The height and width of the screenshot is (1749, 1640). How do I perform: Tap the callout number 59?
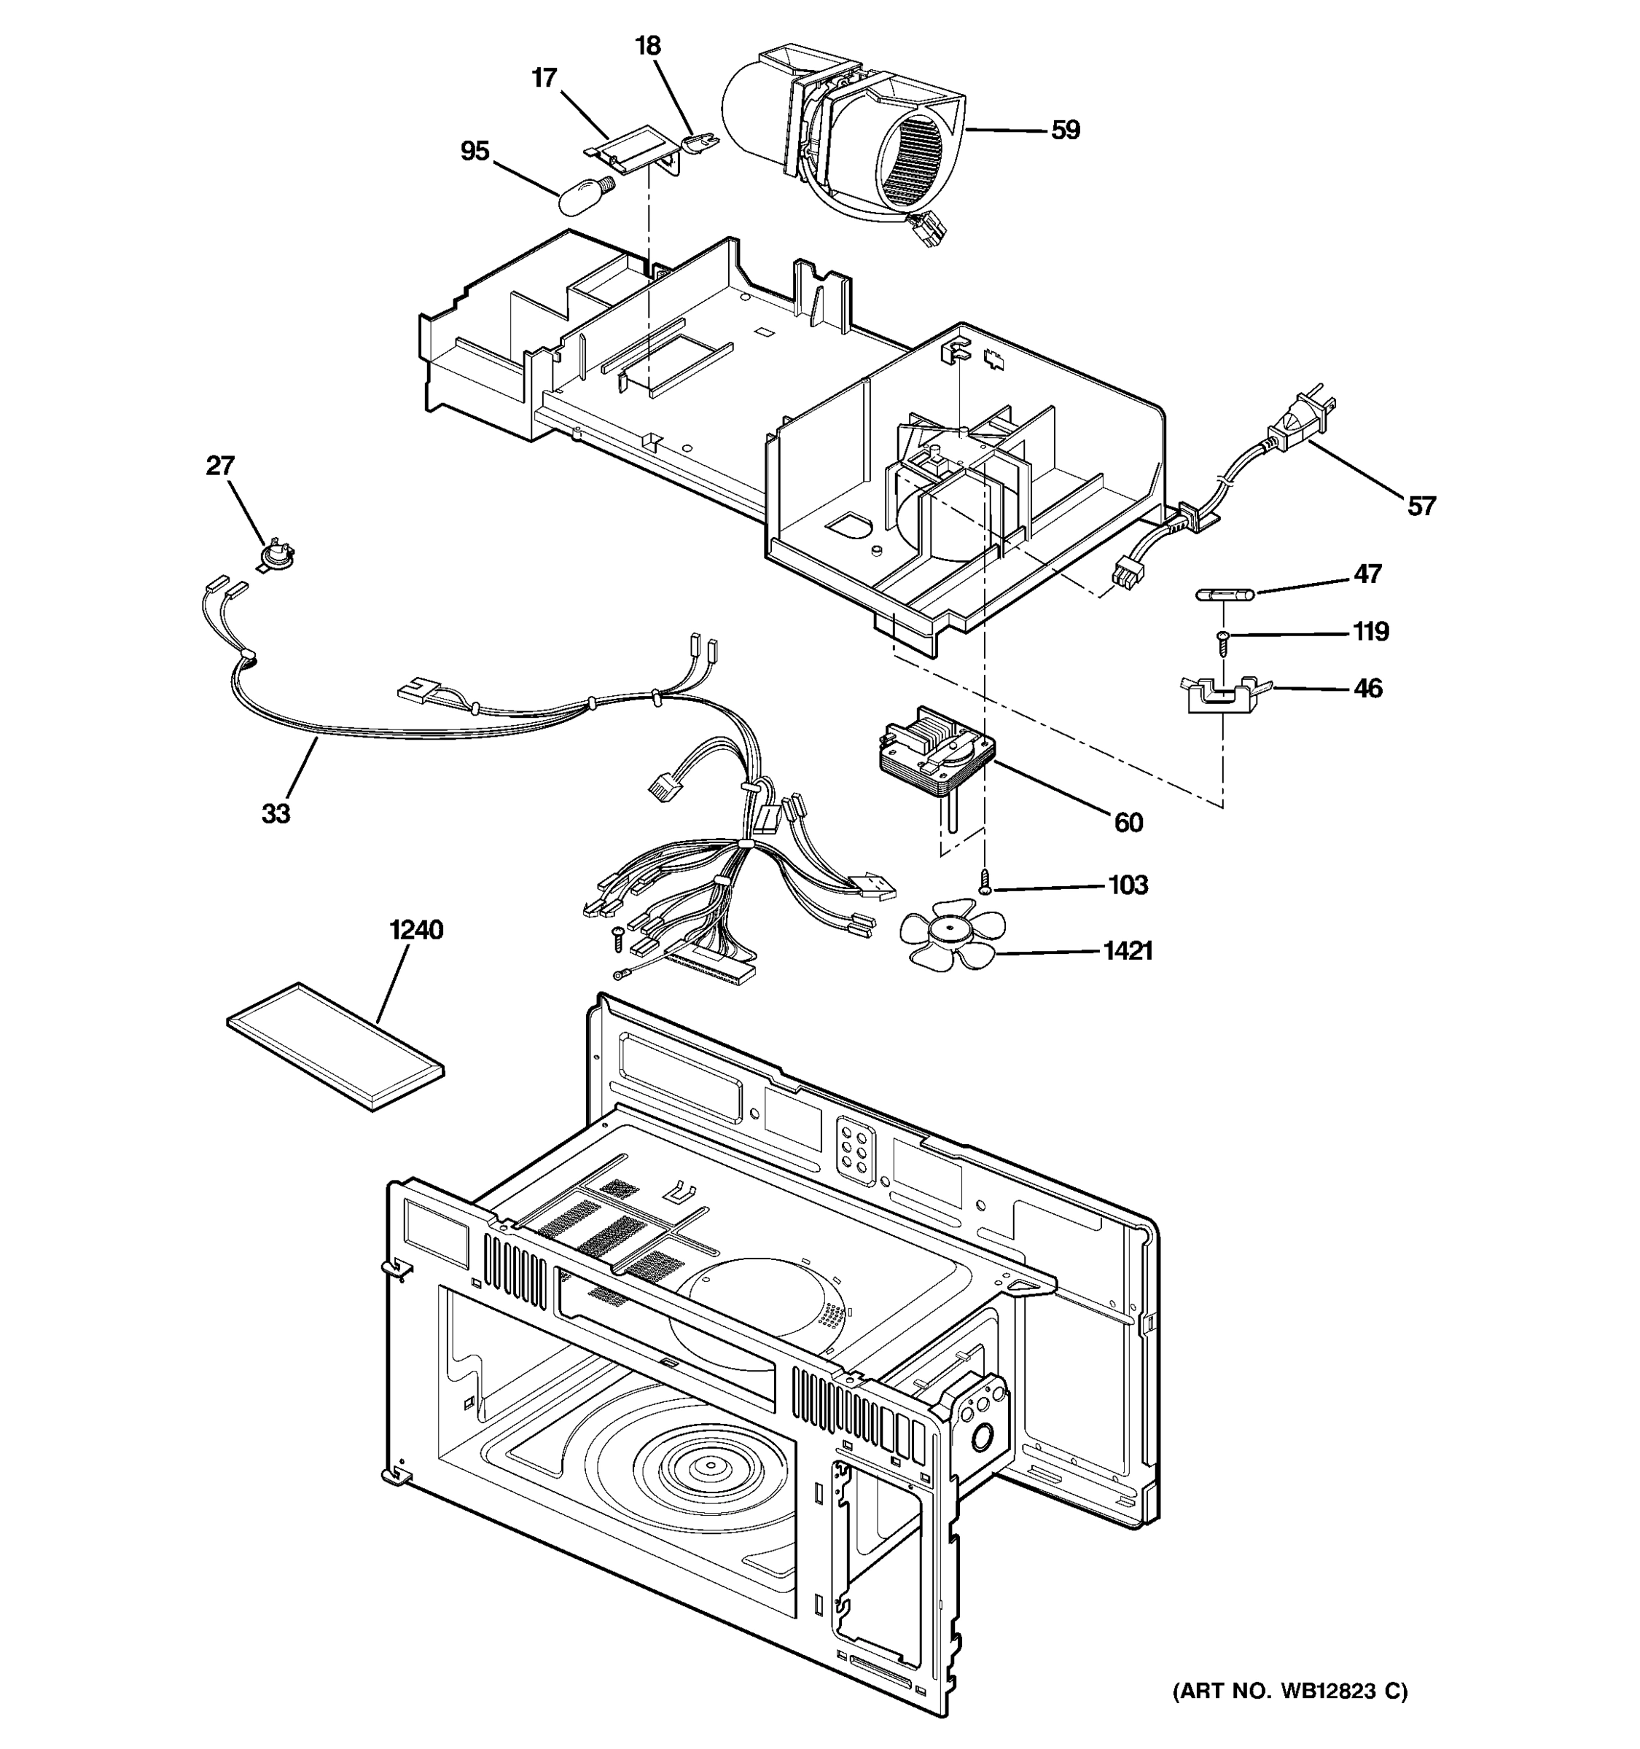pos(1065,130)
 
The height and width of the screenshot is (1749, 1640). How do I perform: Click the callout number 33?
pos(276,814)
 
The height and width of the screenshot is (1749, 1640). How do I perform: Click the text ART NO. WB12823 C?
pos(1289,1690)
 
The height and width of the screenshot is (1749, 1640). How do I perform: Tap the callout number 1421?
pos(1127,950)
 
